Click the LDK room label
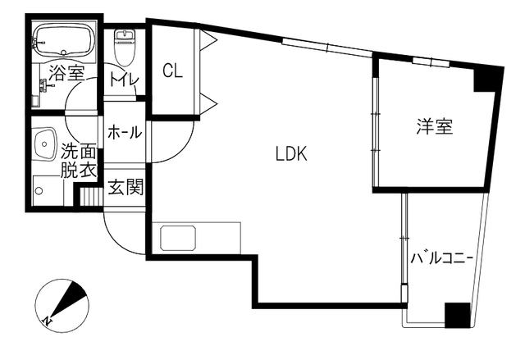tap(291, 154)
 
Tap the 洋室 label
tap(434, 126)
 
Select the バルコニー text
tap(441, 258)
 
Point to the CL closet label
tap(173, 71)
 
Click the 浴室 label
tap(66, 73)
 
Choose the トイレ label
tap(124, 80)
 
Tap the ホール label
tap(125, 133)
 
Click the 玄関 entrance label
tap(126, 187)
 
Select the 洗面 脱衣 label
tap(79, 162)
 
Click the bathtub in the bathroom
tap(64, 40)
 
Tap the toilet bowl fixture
tap(124, 48)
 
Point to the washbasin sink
tap(45, 144)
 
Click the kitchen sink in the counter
tap(178, 238)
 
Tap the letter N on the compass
tap(48, 321)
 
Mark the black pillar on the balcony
tap(457, 315)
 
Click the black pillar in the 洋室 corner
tap(486, 80)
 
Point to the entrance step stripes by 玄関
tap(91, 197)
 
